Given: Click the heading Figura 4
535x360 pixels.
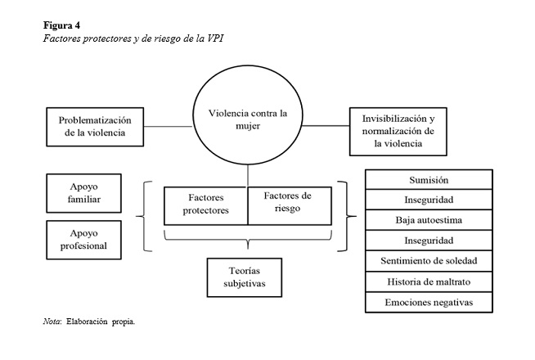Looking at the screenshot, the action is click(61, 25).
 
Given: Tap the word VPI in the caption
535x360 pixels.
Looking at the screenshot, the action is click(215, 38).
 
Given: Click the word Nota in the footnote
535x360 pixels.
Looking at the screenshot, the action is click(52, 322).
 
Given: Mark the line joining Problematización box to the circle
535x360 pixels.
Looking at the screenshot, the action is click(169, 127).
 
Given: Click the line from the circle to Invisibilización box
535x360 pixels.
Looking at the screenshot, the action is click(326, 125).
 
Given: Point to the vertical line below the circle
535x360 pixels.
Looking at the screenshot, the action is click(248, 176).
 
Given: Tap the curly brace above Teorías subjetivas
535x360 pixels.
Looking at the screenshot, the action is click(248, 240).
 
